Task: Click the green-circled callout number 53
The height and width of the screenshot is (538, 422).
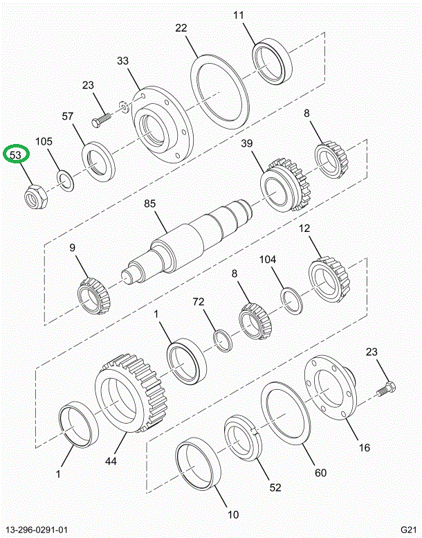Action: pyautogui.click(x=15, y=154)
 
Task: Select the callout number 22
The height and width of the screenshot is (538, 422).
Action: pyautogui.click(x=181, y=28)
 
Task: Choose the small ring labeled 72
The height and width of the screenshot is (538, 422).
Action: pyautogui.click(x=221, y=341)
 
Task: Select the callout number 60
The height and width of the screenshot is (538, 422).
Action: pyautogui.click(x=320, y=474)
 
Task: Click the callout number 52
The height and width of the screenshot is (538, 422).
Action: pyautogui.click(x=275, y=487)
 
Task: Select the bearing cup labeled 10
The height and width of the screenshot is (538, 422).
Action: pyautogui.click(x=198, y=465)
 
